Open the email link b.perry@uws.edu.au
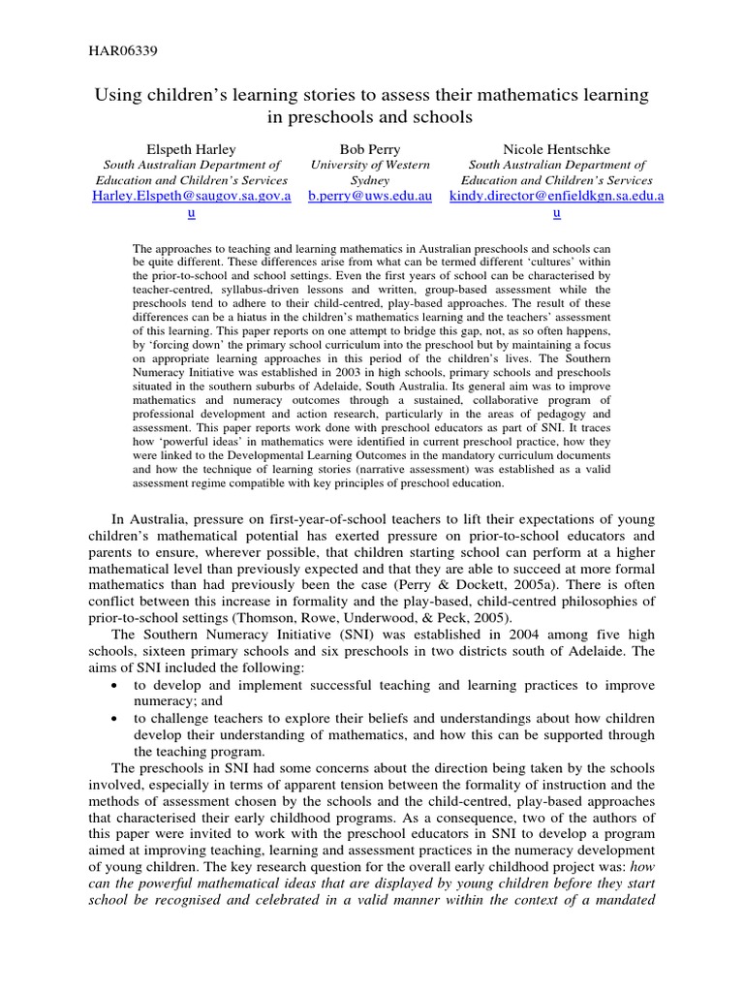pyautogui.click(x=370, y=196)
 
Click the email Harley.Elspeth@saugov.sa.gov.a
pyautogui.click(x=192, y=196)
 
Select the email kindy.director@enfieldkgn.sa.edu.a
pyautogui.click(x=557, y=196)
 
